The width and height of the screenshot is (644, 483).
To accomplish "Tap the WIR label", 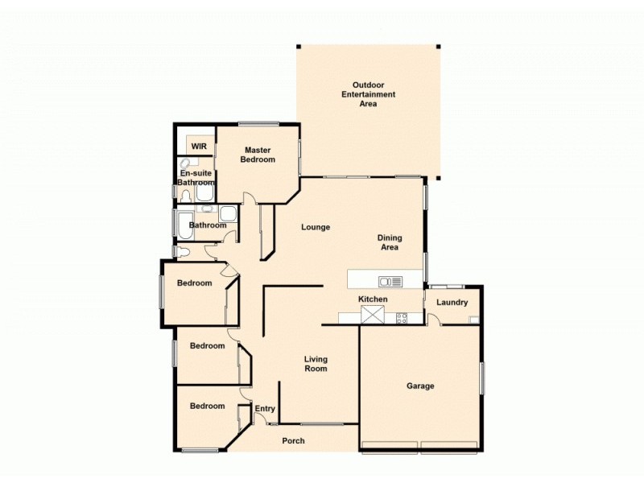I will [x=199, y=147].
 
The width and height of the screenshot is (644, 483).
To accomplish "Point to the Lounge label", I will [x=316, y=227].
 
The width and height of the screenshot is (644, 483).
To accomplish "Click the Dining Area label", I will [x=390, y=242].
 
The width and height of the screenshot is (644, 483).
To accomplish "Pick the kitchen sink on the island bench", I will [x=390, y=281].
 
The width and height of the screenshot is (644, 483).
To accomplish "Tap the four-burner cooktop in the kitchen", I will [x=401, y=318].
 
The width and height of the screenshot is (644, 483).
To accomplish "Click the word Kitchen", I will [x=373, y=299].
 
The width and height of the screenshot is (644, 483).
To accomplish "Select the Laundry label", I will [x=452, y=303].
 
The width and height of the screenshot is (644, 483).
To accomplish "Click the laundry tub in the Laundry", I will [x=474, y=320].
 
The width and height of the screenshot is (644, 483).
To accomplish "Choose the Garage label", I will [x=420, y=386].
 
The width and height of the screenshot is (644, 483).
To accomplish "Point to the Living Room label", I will [x=316, y=364].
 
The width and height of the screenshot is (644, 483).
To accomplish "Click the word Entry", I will [x=265, y=409].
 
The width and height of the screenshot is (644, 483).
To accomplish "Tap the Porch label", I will [x=293, y=440].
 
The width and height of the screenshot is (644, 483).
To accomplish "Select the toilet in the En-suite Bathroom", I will [x=185, y=195].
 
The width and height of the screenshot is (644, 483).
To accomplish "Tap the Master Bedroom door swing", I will [x=250, y=198].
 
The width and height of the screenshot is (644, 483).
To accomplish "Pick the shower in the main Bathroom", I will [x=229, y=213].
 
